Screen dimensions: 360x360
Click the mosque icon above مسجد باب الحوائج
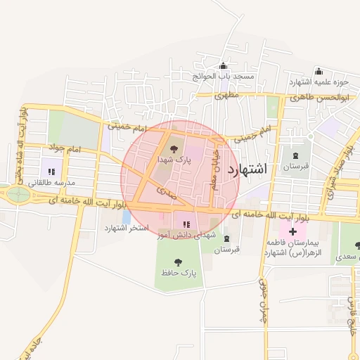224,65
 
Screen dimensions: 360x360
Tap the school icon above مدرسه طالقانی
51,171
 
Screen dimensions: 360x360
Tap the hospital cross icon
292,231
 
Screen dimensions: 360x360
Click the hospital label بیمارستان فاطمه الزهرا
292,246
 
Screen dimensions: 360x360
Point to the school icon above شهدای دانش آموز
186,224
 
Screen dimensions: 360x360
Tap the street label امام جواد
65,149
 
